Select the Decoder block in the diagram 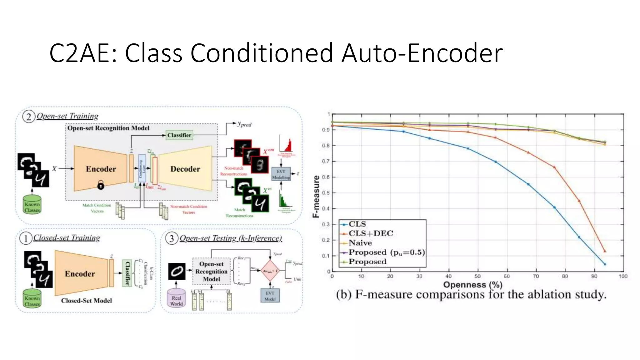click(185, 169)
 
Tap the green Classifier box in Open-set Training click(179, 135)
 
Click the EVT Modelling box click(281, 174)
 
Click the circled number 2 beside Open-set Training click(28, 117)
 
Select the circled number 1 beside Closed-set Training click(26, 238)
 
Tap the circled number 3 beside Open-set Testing click(172, 238)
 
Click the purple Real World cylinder click(177, 298)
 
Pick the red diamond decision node click(270, 271)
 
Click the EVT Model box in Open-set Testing click(270, 296)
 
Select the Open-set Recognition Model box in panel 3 click(211, 271)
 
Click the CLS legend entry click(357, 224)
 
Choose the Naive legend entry click(360, 243)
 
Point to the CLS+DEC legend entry click(371, 233)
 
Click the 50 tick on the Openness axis click(477, 276)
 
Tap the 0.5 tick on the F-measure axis click(326, 193)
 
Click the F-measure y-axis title click(316, 196)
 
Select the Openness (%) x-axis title click(473, 285)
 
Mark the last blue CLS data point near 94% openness click(605, 264)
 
